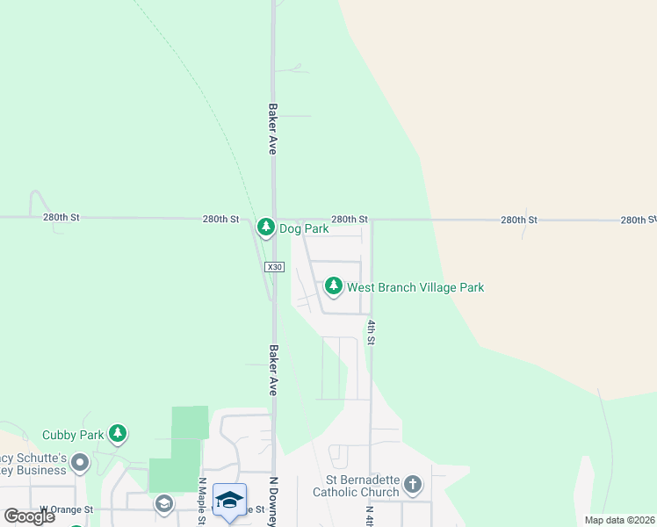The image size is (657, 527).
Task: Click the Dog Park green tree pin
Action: click(266, 227)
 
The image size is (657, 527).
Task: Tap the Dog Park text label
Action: click(304, 229)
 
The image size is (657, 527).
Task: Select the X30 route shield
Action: click(274, 267)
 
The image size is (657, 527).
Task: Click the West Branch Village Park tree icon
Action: click(334, 286)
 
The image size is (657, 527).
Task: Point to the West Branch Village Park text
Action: click(415, 287)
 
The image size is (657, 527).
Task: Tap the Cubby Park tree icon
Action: click(118, 433)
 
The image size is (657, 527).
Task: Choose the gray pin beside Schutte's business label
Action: click(81, 462)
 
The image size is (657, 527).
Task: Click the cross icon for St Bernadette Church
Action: click(413, 484)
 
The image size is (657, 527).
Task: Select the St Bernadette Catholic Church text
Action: click(362, 487)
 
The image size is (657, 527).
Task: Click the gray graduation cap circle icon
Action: click(163, 503)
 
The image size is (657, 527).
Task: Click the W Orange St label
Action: click(67, 509)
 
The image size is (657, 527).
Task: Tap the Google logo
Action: click(29, 516)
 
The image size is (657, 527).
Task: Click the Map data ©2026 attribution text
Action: click(619, 520)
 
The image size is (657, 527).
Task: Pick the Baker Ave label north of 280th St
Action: click(273, 130)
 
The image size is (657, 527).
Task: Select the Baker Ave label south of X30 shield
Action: click(273, 370)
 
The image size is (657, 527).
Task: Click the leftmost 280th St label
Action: click(61, 216)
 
